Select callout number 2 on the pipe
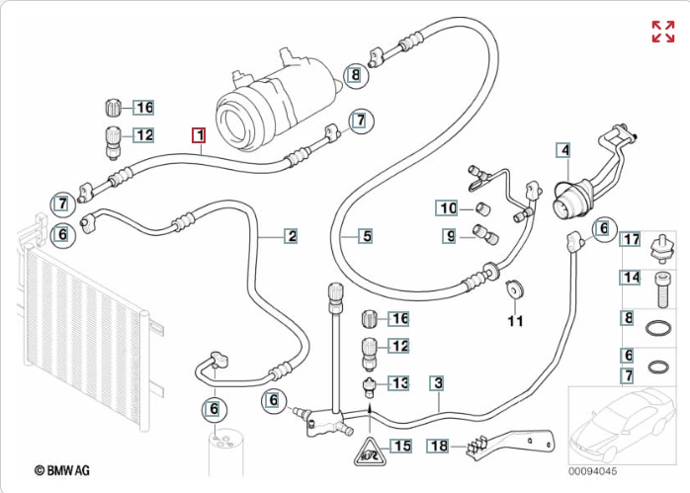292,236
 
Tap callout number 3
436,383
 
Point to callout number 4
563,150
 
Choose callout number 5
366,236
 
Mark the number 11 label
514,320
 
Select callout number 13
400,382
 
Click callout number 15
400,446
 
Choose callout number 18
438,446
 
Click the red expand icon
661,31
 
